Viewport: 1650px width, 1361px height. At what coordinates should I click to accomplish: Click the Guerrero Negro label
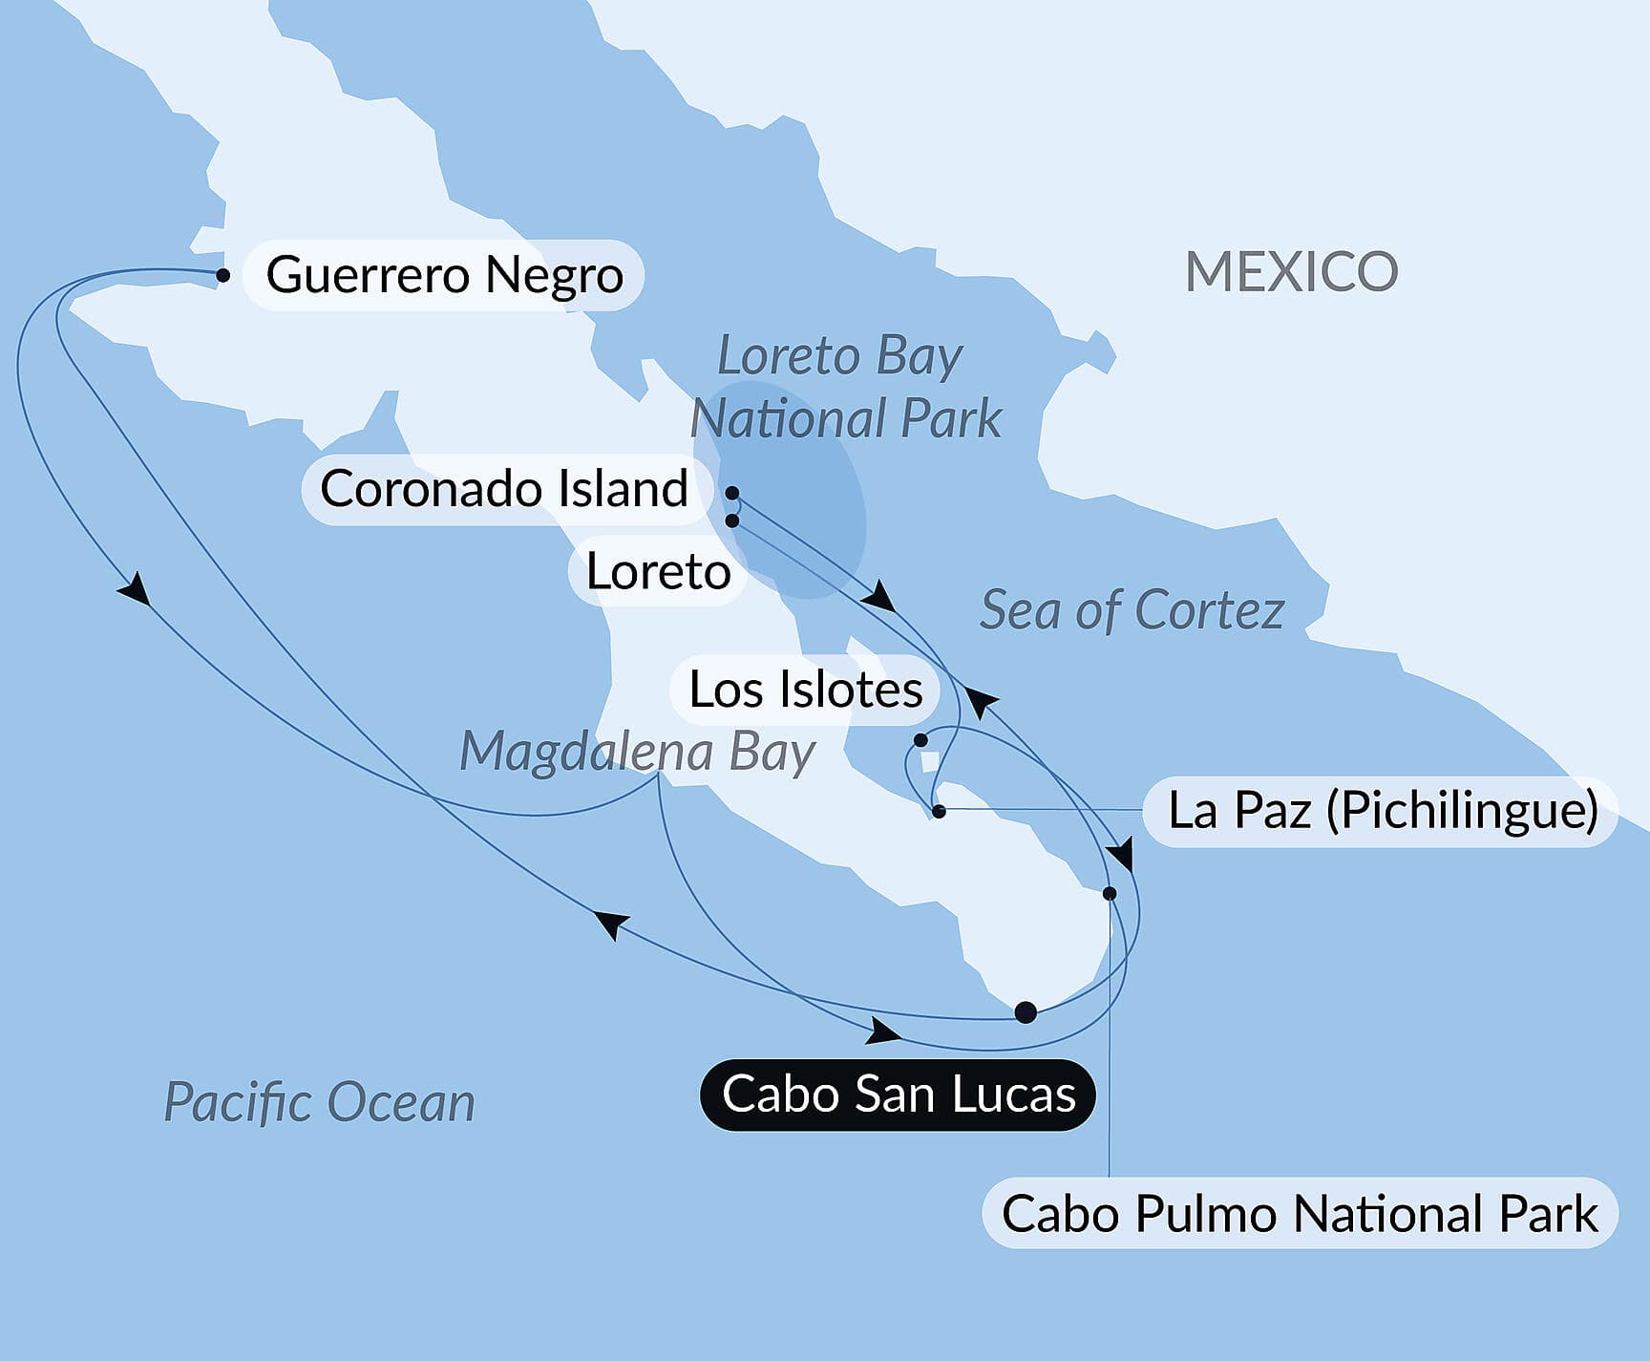[444, 275]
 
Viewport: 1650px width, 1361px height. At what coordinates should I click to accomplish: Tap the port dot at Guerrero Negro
[222, 275]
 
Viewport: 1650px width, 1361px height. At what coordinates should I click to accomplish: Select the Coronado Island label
[504, 489]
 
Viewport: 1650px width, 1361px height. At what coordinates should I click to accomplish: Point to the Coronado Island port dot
[732, 493]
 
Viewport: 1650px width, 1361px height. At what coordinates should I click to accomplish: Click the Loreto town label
[658, 572]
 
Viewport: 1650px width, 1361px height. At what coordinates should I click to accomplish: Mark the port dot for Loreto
[732, 521]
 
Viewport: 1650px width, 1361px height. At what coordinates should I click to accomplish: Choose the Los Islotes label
[805, 690]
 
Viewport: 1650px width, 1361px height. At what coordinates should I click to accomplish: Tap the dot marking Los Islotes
[920, 740]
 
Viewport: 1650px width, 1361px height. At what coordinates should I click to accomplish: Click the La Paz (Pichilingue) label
[1382, 811]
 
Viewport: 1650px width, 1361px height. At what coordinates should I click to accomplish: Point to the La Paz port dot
[939, 812]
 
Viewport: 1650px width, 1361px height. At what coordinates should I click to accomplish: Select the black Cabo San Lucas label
[898, 1095]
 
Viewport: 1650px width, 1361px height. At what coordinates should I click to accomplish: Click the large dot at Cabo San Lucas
[1026, 1012]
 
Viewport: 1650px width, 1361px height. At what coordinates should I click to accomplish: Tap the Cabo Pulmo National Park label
[1300, 1214]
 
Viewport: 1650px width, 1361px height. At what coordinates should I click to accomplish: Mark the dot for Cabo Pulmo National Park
[1110, 894]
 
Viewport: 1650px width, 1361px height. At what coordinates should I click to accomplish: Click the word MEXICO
[1291, 272]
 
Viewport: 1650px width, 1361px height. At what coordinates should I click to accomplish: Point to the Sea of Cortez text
[1132, 610]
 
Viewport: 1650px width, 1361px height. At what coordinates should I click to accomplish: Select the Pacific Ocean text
[319, 1102]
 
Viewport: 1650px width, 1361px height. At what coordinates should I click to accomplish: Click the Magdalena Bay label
[637, 752]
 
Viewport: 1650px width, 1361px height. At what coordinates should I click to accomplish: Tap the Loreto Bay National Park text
[844, 387]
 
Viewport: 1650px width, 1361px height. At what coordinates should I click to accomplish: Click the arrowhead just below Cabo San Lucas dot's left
[883, 1031]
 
